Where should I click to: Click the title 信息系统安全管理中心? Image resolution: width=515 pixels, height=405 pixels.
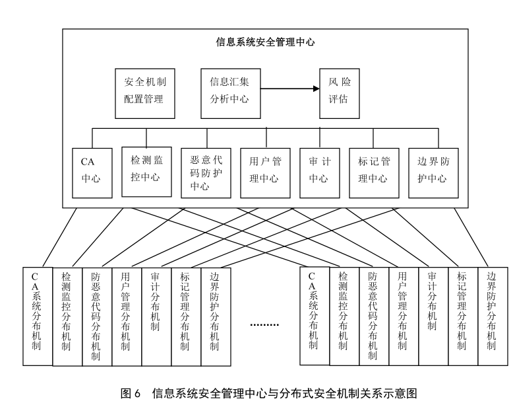tap(265, 42)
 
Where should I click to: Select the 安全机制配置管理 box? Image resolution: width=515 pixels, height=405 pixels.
tap(145, 93)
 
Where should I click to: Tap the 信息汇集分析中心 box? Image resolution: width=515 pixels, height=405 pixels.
tap(231, 93)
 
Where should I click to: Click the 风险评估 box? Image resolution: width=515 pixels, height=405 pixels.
tap(340, 93)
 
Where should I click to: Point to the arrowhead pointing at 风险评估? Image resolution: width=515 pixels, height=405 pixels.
tap(317, 89)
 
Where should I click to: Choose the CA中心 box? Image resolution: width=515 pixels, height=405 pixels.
tap(92, 173)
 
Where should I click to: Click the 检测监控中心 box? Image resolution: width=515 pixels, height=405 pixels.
tap(146, 172)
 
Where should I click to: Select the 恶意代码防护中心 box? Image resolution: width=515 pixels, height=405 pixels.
tap(206, 173)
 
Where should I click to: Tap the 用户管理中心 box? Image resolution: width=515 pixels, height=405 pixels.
tap(265, 173)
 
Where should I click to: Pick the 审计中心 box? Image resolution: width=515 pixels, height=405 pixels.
tap(320, 173)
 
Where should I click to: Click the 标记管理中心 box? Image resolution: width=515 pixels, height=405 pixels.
tap(374, 173)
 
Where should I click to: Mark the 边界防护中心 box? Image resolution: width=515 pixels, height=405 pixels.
tap(433, 173)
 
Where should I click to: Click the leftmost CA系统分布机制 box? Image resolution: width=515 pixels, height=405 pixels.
tap(38, 316)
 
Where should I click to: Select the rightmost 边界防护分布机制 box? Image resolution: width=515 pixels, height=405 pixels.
tap(493, 316)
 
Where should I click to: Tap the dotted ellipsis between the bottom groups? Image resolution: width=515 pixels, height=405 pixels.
tap(264, 324)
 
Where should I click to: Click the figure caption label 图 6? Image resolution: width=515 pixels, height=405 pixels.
tap(131, 393)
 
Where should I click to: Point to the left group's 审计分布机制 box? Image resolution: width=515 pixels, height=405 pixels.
tap(156, 317)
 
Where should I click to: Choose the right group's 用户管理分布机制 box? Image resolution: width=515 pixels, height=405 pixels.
tap(404, 316)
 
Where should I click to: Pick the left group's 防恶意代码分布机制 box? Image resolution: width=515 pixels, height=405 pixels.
tap(97, 317)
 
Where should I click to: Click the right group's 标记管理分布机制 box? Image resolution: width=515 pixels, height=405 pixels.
tap(463, 316)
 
